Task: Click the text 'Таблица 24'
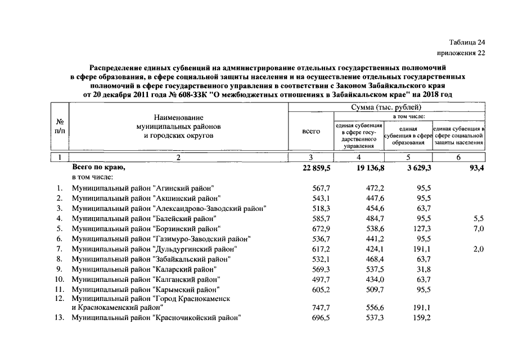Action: click(x=466, y=43)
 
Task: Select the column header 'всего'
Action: click(x=311, y=131)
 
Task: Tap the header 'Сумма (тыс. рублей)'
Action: click(x=386, y=107)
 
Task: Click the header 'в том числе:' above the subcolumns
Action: click(x=408, y=116)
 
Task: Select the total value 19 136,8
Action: click(x=370, y=168)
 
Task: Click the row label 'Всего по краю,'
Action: click(x=98, y=168)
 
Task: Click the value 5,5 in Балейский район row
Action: click(x=478, y=218)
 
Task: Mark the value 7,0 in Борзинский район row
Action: click(x=478, y=228)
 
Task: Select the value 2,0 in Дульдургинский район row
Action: click(x=478, y=249)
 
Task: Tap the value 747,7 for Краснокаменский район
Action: click(x=321, y=308)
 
